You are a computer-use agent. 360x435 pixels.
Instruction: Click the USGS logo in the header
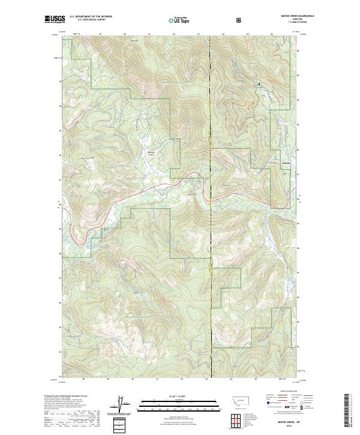point(55,19)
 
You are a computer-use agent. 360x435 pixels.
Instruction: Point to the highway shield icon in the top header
point(240,20)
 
